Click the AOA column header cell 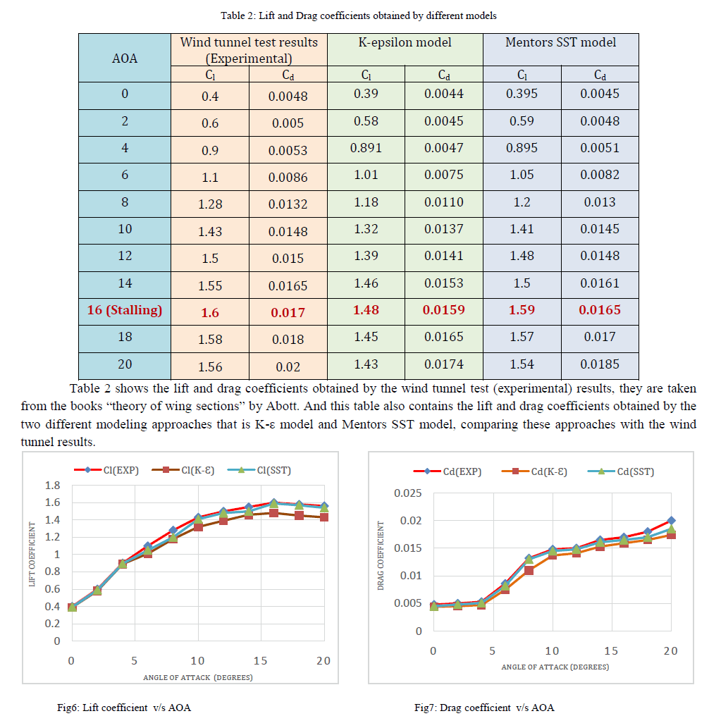click(125, 58)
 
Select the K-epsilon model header click(405, 42)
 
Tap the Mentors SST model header click(560, 42)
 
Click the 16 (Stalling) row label click(125, 310)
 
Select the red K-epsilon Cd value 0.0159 click(443, 310)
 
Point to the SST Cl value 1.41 click(522, 229)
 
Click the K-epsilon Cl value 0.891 click(366, 148)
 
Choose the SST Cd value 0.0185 click(600, 364)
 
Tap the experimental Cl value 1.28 click(210, 204)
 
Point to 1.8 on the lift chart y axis click(52, 486)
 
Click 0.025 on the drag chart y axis click(407, 493)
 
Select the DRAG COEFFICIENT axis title click(381, 556)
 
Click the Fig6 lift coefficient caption click(124, 708)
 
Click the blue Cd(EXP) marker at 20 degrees click(671, 521)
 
